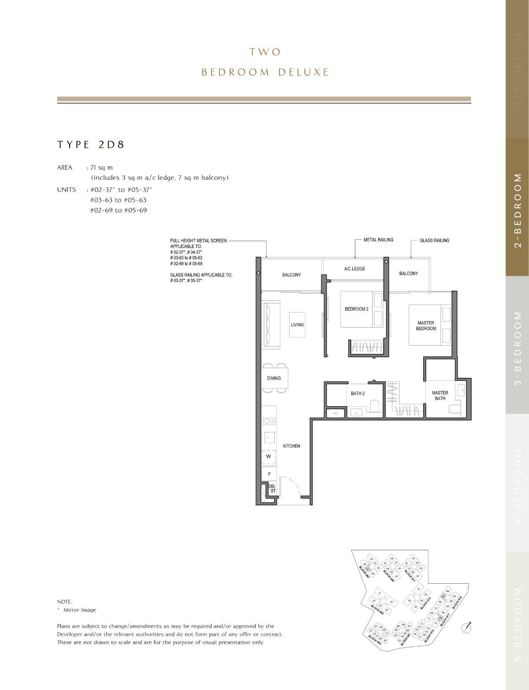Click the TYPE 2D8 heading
(x=91, y=145)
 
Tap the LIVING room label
(x=297, y=325)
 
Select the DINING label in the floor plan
(x=274, y=378)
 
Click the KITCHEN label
(x=291, y=446)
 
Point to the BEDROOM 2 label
(x=356, y=309)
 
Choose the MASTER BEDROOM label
(x=426, y=326)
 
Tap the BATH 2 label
(x=358, y=394)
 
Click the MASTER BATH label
(x=440, y=395)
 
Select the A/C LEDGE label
(x=354, y=269)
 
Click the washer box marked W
(x=268, y=457)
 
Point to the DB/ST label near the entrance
(x=272, y=488)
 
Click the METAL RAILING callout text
(x=378, y=240)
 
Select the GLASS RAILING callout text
(x=434, y=240)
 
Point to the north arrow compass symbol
(x=467, y=627)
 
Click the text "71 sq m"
(x=101, y=168)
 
